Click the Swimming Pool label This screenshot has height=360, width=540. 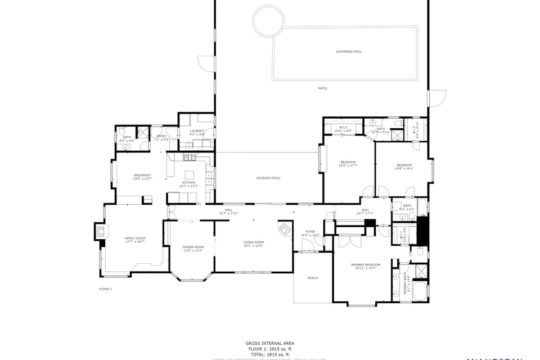pyautogui.click(x=349, y=52)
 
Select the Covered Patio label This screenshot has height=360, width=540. pyautogui.click(x=268, y=178)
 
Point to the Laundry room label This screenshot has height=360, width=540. pyautogui.click(x=197, y=131)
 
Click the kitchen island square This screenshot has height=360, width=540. pyautogui.click(x=190, y=174)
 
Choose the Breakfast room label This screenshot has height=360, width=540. pyautogui.click(x=142, y=175)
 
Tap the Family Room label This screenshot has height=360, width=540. pyautogui.click(x=135, y=238)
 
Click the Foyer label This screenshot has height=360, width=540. pyautogui.click(x=310, y=232)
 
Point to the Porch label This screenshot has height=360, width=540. pyautogui.click(x=313, y=278)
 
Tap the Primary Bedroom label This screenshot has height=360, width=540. pyautogui.click(x=366, y=265)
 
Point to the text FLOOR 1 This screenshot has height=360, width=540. pyautogui.click(x=105, y=289)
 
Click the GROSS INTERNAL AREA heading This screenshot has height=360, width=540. pyautogui.click(x=269, y=343)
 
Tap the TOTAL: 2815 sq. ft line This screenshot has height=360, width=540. pyautogui.click(x=269, y=354)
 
